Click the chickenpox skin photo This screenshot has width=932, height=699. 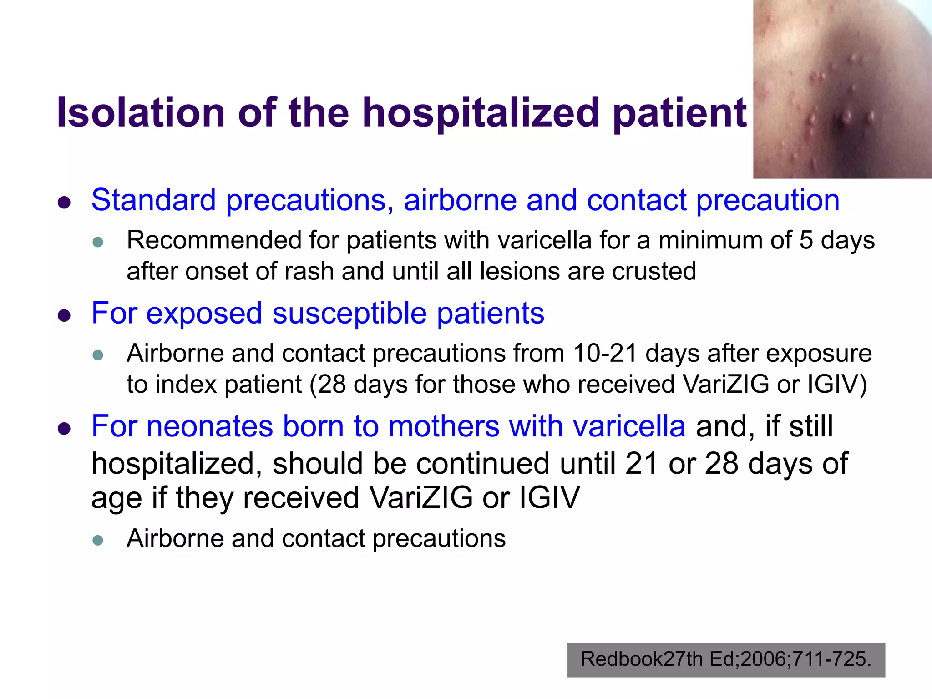(x=842, y=89)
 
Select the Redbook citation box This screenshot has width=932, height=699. (x=725, y=659)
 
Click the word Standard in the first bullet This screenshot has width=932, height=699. (x=153, y=200)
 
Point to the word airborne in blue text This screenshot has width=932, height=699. (x=460, y=200)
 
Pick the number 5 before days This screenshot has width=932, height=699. (x=806, y=240)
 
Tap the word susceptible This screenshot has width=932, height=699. (x=349, y=313)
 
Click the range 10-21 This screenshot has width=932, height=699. (x=605, y=353)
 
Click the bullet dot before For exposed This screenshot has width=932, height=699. (x=65, y=315)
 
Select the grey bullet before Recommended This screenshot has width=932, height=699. (x=98, y=242)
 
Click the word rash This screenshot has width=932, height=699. (x=309, y=271)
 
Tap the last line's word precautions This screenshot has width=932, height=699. (x=439, y=539)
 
